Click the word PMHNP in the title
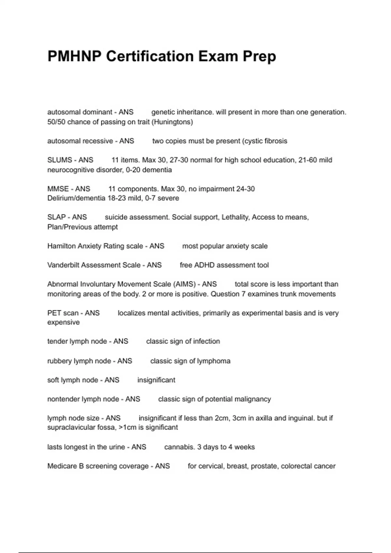pyautogui.click(x=75, y=56)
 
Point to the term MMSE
pyautogui.click(x=58, y=189)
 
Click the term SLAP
pyautogui.click(x=57, y=217)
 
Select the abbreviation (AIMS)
pyautogui.click(x=184, y=284)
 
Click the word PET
pyautogui.click(x=53, y=313)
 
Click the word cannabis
pyautogui.click(x=180, y=447)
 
